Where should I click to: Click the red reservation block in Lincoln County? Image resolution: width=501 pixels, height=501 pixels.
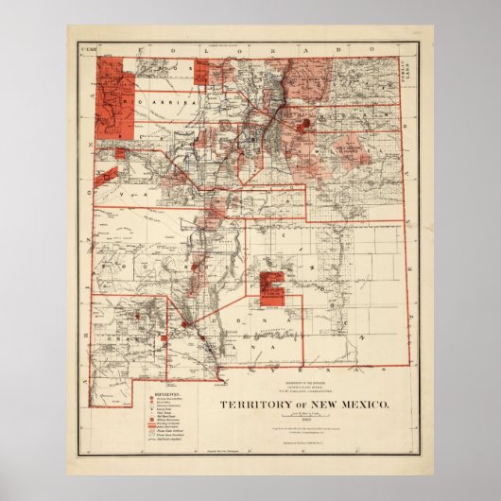(x=273, y=287)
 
